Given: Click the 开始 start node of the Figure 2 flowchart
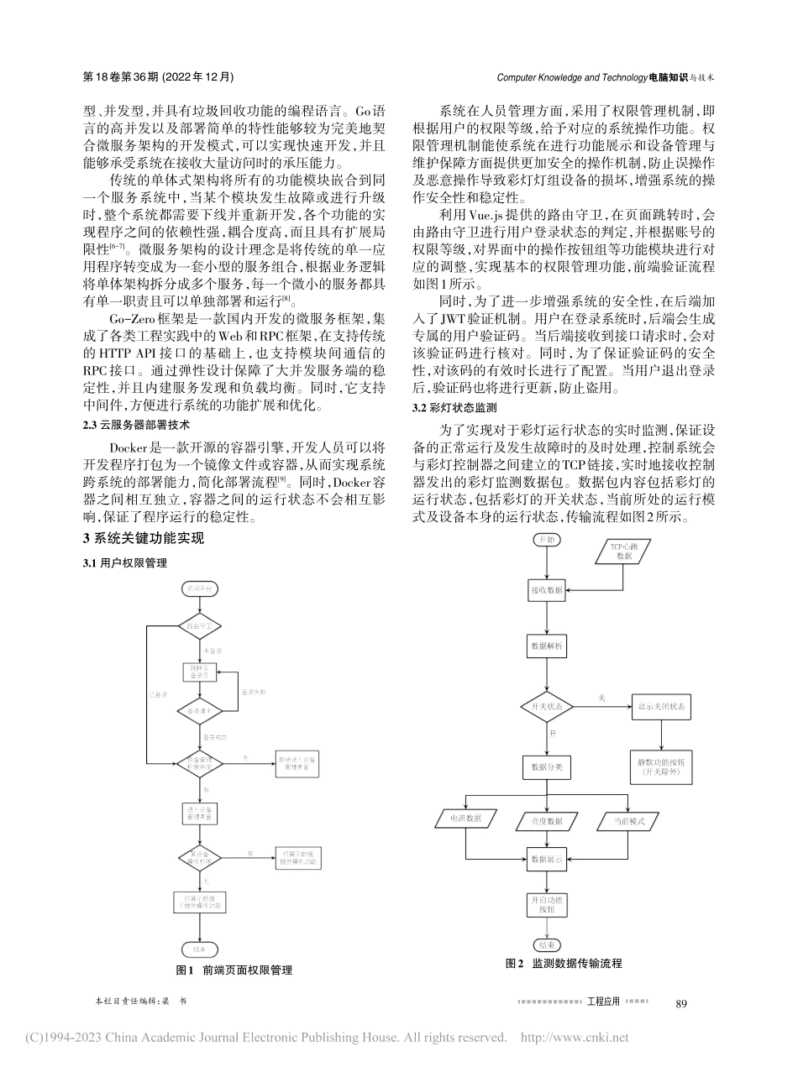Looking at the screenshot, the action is coord(547,539).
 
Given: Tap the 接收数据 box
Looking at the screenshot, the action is coord(547,590).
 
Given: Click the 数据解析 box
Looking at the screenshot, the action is coord(547,647).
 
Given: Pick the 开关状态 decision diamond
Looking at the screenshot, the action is coord(547,706).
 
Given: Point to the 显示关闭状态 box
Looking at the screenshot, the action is coord(660,707).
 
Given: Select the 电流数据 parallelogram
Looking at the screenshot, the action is coord(468,820).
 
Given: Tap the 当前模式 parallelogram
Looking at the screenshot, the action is coord(625,820).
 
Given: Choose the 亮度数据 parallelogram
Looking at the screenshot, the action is coord(547,821).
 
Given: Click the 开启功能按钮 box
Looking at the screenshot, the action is coord(547,904).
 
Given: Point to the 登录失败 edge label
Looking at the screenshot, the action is coord(254,693).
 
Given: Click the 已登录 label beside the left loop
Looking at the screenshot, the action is coord(158,694).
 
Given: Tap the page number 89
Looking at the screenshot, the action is coord(681,1003).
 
